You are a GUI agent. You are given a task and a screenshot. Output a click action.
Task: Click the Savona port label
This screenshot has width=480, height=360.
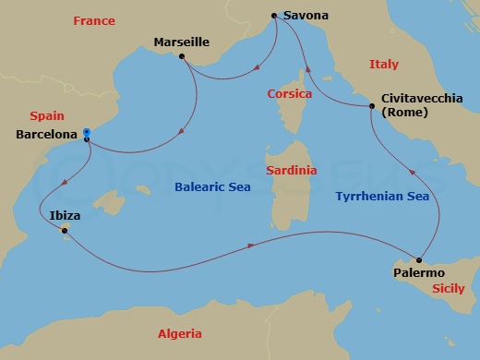(306, 16)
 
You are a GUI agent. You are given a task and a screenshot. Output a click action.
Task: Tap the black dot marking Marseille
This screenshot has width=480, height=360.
(182, 57)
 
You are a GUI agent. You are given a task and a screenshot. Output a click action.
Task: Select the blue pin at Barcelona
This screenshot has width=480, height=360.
(86, 134)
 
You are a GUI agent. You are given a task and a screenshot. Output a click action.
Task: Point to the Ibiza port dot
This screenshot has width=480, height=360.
(64, 231)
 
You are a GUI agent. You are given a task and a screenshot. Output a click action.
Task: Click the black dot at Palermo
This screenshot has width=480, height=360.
(421, 259)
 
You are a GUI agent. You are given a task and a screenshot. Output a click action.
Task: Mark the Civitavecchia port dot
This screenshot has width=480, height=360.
(372, 108)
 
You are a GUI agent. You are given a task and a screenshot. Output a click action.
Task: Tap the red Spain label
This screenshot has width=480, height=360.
(46, 116)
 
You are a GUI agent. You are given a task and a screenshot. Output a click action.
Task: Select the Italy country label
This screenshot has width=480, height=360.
(384, 65)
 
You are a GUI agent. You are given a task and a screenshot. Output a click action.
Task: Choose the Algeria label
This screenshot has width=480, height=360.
(179, 334)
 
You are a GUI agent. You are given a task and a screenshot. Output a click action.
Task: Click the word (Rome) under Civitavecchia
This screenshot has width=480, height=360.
(401, 113)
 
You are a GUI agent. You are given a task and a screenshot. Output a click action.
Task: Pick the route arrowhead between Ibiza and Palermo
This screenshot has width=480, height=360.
(251, 246)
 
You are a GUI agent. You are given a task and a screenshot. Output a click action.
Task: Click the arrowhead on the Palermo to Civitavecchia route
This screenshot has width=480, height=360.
(412, 172)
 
